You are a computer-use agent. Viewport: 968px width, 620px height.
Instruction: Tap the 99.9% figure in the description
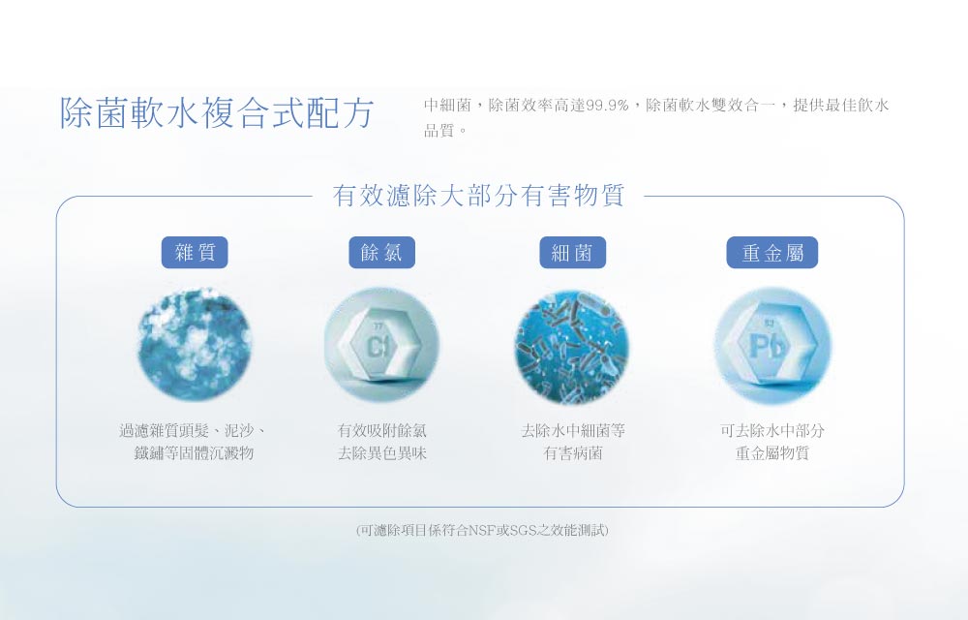point(608,105)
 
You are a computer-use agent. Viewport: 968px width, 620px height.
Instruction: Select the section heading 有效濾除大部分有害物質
point(478,196)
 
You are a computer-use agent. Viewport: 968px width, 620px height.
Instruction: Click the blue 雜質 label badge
point(195,253)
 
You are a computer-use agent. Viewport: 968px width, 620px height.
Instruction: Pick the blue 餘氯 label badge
point(381,253)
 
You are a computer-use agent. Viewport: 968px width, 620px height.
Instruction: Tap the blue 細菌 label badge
point(572,253)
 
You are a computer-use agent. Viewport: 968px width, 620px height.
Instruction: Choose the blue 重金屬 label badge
point(771,253)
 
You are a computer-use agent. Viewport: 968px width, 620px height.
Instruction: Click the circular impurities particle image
point(194,345)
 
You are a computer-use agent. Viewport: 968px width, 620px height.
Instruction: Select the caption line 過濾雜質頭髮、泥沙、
point(194,430)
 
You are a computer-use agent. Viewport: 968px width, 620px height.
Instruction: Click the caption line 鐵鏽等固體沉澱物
point(194,453)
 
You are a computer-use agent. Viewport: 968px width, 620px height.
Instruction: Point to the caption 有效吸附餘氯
point(381,430)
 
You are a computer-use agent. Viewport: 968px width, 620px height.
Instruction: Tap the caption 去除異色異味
point(381,453)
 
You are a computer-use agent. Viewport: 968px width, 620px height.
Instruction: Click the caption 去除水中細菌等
point(573,430)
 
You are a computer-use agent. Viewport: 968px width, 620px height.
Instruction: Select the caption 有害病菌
point(573,453)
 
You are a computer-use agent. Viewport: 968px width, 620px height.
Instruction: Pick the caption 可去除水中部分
point(771,430)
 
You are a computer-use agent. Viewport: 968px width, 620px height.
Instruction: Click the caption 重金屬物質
point(771,453)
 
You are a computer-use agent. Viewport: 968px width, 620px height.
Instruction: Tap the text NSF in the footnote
point(483,530)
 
